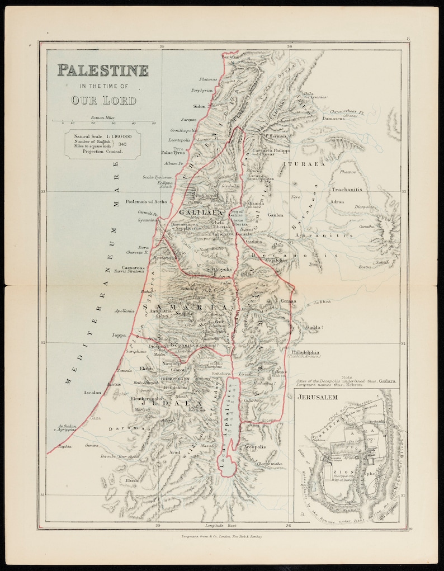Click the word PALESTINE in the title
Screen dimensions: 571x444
[x=103, y=70]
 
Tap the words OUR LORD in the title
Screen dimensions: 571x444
[x=103, y=100]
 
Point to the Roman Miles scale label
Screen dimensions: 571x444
[x=102, y=117]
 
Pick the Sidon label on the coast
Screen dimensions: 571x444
[x=200, y=106]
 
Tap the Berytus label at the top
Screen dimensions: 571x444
[x=230, y=57]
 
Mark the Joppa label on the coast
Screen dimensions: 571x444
[x=119, y=336]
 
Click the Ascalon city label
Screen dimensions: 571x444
[x=92, y=393]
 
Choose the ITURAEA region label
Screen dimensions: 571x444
[x=304, y=164]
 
